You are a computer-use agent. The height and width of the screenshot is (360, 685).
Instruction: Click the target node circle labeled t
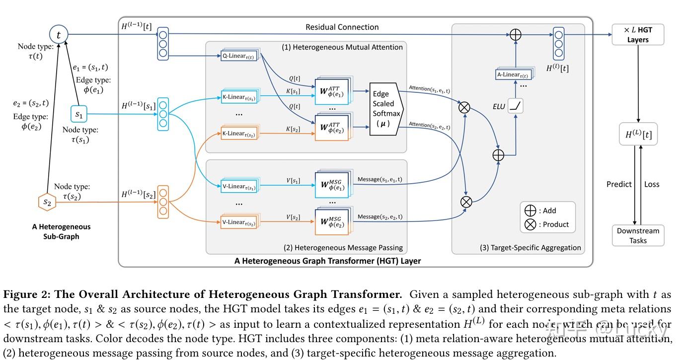click(59, 35)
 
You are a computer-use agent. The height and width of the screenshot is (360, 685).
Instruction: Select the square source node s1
click(79, 115)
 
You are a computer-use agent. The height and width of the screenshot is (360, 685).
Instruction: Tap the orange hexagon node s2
click(47, 202)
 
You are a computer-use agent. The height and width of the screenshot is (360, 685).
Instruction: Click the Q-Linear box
click(239, 56)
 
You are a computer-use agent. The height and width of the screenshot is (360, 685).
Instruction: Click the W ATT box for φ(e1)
click(332, 91)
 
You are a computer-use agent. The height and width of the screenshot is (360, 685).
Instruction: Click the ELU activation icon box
click(516, 106)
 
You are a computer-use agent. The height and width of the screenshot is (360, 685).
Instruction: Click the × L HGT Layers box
click(638, 35)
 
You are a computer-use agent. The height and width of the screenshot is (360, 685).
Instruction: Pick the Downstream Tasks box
click(638, 235)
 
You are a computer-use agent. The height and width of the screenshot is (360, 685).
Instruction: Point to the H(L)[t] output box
click(638, 134)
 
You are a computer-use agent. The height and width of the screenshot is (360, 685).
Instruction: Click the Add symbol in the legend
click(531, 211)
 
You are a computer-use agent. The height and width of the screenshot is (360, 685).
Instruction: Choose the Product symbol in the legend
click(531, 224)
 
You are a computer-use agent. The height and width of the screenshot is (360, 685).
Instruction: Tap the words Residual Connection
click(342, 27)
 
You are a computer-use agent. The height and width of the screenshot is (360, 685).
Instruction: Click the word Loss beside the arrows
click(652, 184)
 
